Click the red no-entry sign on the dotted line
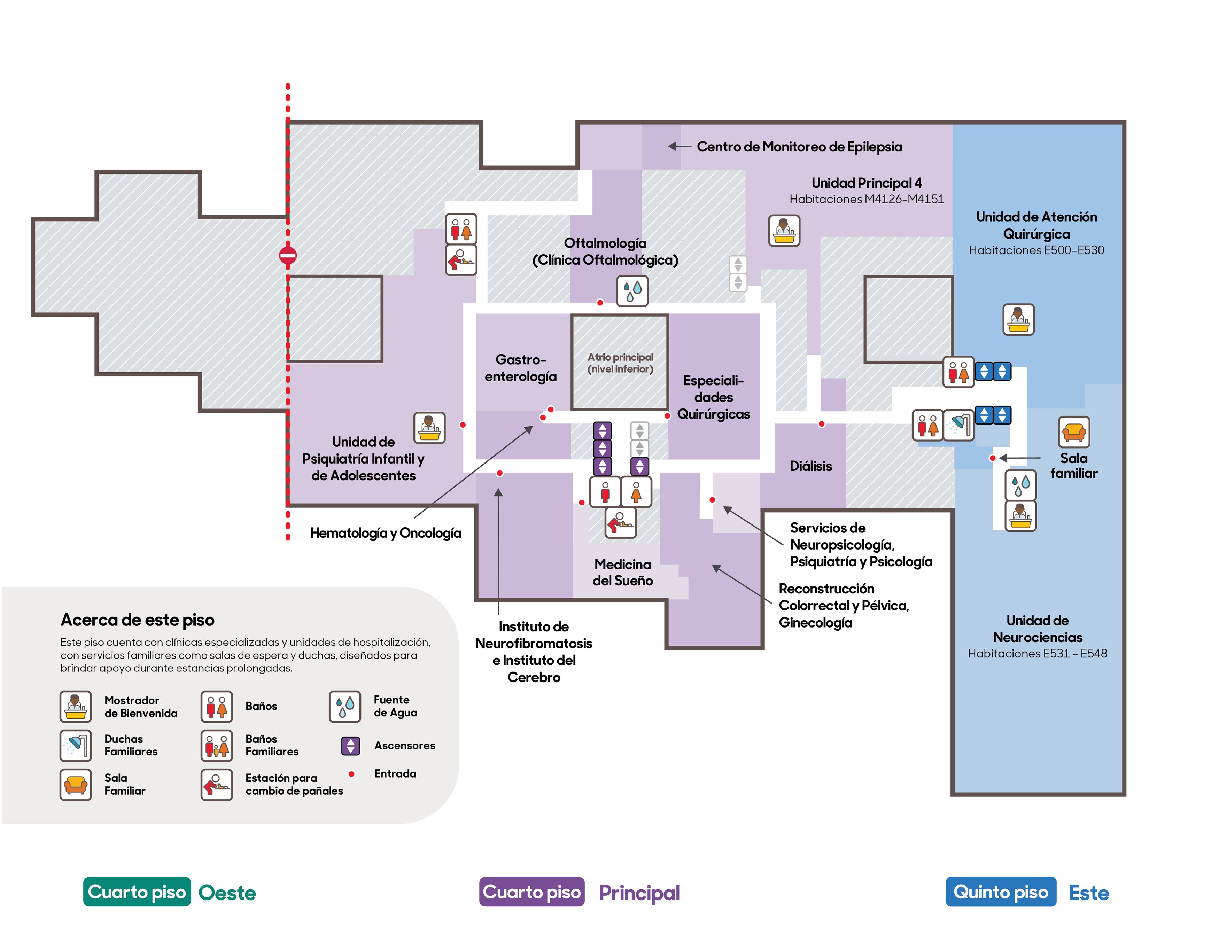point(288,256)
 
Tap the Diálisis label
point(810,466)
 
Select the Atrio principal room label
point(620,363)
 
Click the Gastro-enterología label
point(520,368)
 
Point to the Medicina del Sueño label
point(622,572)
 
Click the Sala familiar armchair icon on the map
point(1074,432)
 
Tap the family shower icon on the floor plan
point(959,425)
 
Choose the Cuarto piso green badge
point(137,892)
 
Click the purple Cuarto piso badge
point(531,892)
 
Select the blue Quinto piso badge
point(1001,892)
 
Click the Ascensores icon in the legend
point(350,746)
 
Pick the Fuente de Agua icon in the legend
point(344,707)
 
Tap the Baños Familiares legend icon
point(217,746)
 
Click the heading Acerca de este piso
point(137,620)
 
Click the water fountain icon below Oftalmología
point(632,291)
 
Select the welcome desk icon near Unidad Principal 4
point(784,231)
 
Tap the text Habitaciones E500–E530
point(1036,250)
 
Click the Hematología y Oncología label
point(386,533)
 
